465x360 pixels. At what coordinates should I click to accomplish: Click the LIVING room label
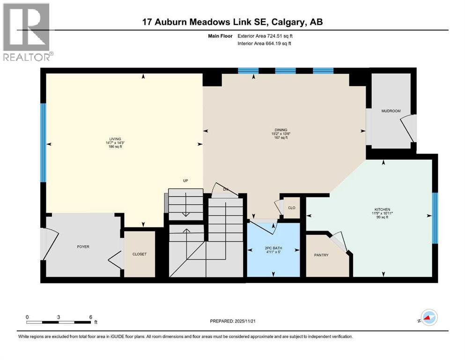[115, 139]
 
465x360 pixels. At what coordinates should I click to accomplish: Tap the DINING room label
[281, 130]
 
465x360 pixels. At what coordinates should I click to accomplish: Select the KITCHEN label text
[382, 210]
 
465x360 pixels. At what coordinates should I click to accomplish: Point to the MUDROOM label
[391, 111]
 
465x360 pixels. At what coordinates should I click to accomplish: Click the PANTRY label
[321, 255]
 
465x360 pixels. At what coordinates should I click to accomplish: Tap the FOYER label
[83, 247]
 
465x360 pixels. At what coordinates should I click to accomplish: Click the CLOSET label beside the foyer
[139, 254]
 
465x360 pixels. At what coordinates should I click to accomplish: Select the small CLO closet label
[291, 207]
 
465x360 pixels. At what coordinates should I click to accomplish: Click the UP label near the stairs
[185, 180]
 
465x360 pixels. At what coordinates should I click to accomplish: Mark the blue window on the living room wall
[43, 142]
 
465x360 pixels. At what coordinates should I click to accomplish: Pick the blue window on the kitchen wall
[435, 218]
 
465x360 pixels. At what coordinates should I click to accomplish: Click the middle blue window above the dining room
[285, 71]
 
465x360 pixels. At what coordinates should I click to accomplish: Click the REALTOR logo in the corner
[27, 32]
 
